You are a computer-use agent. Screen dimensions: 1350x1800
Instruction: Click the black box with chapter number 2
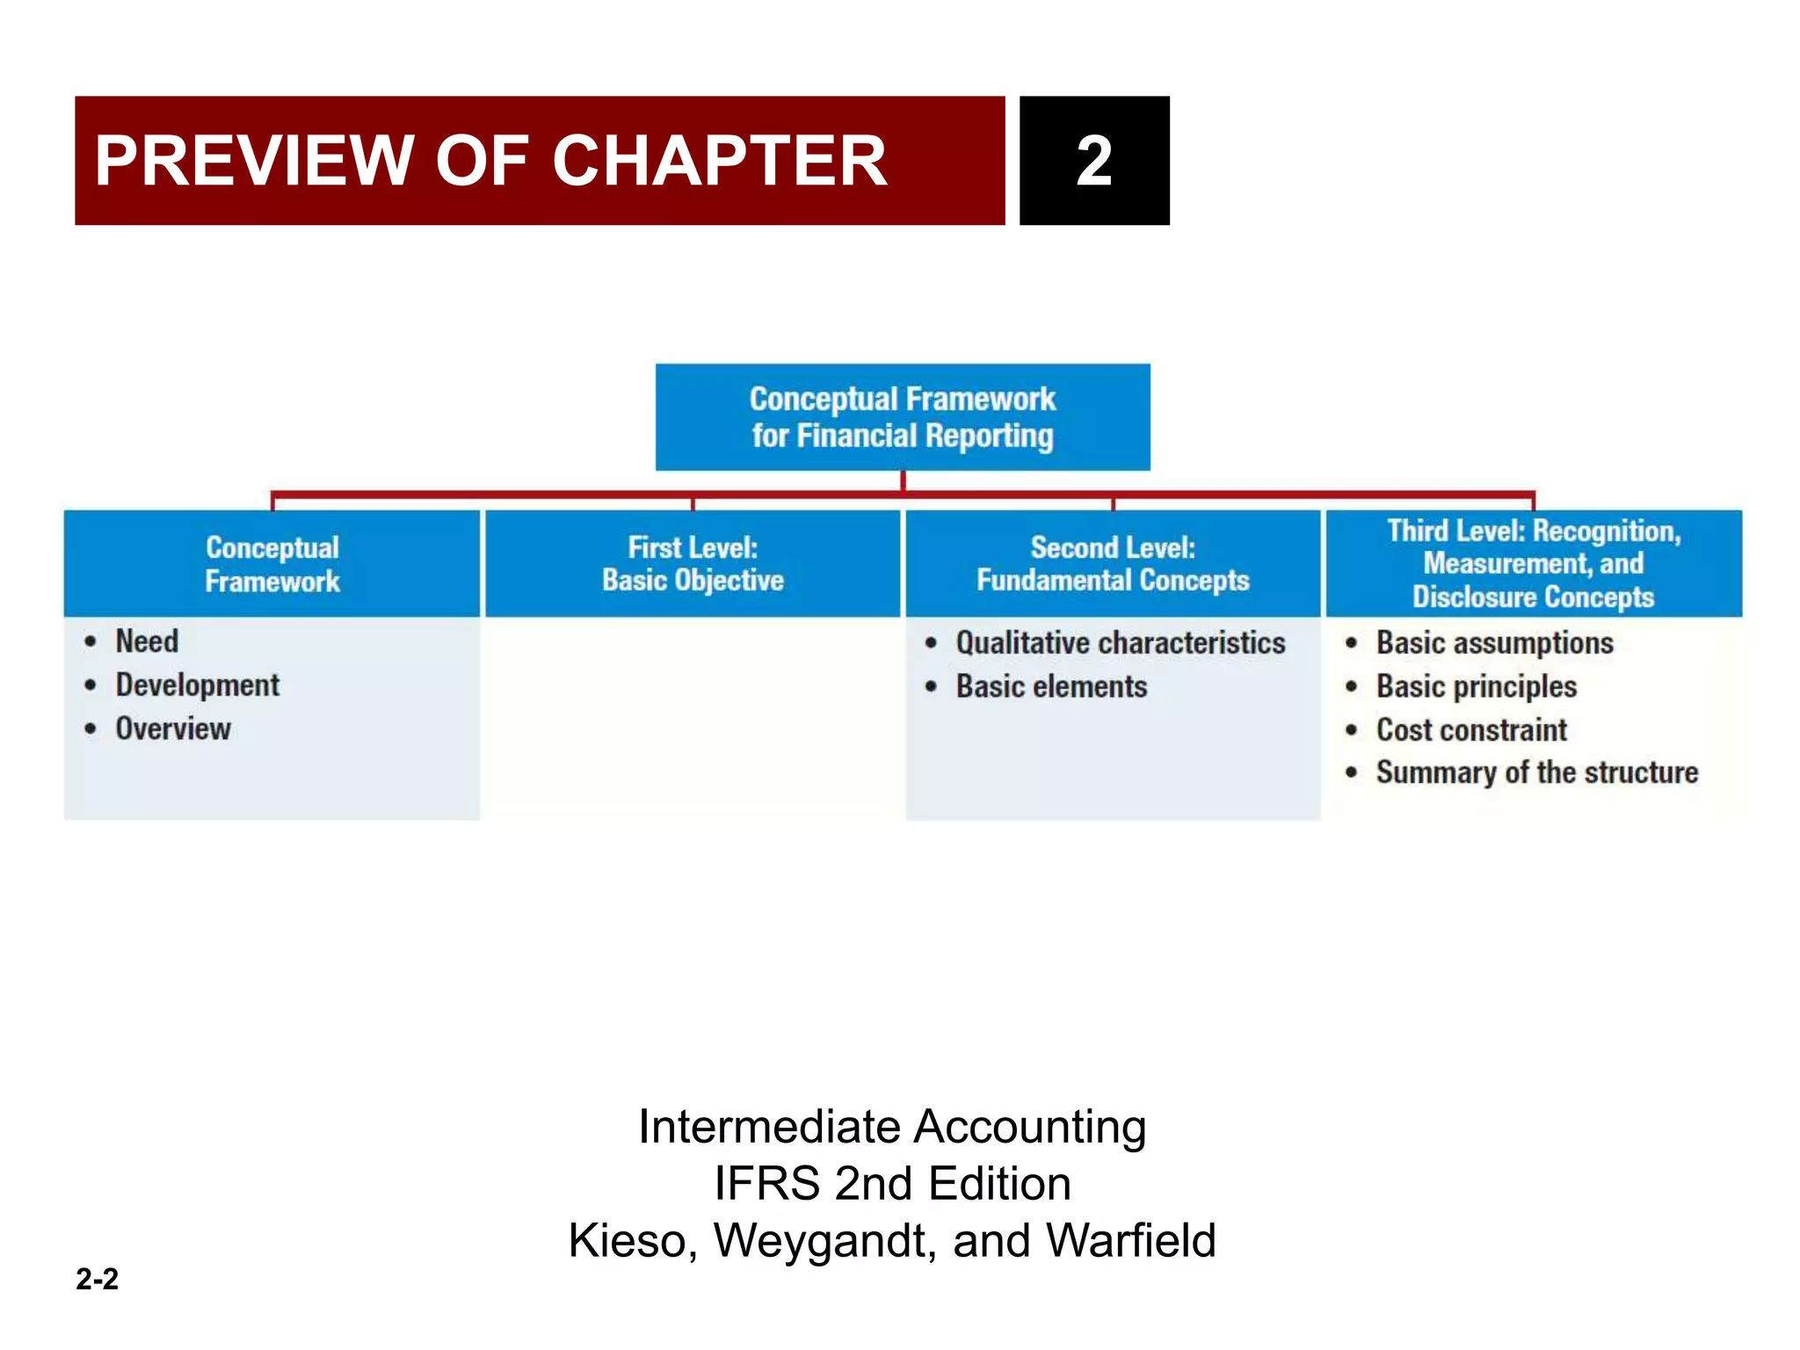click(1094, 161)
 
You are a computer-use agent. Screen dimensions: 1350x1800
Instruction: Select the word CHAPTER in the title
click(719, 161)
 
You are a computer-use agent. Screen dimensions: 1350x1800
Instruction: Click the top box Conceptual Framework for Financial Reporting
click(903, 417)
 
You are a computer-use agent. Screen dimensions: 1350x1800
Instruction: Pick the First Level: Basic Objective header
click(693, 563)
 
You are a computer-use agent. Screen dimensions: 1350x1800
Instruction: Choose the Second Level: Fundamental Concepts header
click(1113, 563)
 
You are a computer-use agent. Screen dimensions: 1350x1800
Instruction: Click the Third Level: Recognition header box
click(1534, 563)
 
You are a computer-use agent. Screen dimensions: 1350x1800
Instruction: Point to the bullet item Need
click(147, 642)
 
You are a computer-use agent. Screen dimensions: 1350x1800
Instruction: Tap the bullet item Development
click(198, 686)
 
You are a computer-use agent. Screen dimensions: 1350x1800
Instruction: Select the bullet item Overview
click(173, 729)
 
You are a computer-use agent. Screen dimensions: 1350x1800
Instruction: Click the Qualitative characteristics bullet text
click(1121, 643)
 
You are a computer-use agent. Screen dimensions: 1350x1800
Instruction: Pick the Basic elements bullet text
click(1051, 686)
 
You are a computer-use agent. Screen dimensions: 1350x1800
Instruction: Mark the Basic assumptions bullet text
click(1494, 643)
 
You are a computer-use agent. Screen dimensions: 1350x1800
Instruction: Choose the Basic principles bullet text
click(1477, 686)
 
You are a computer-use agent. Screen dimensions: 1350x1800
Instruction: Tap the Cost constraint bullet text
click(1471, 729)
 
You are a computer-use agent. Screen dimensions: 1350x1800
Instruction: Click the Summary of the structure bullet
click(1536, 773)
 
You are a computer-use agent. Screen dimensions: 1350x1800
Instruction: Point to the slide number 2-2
click(97, 1279)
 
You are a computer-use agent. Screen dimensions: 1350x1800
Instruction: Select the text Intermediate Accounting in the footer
click(892, 1127)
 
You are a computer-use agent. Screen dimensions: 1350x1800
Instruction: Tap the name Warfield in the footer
click(1131, 1241)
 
